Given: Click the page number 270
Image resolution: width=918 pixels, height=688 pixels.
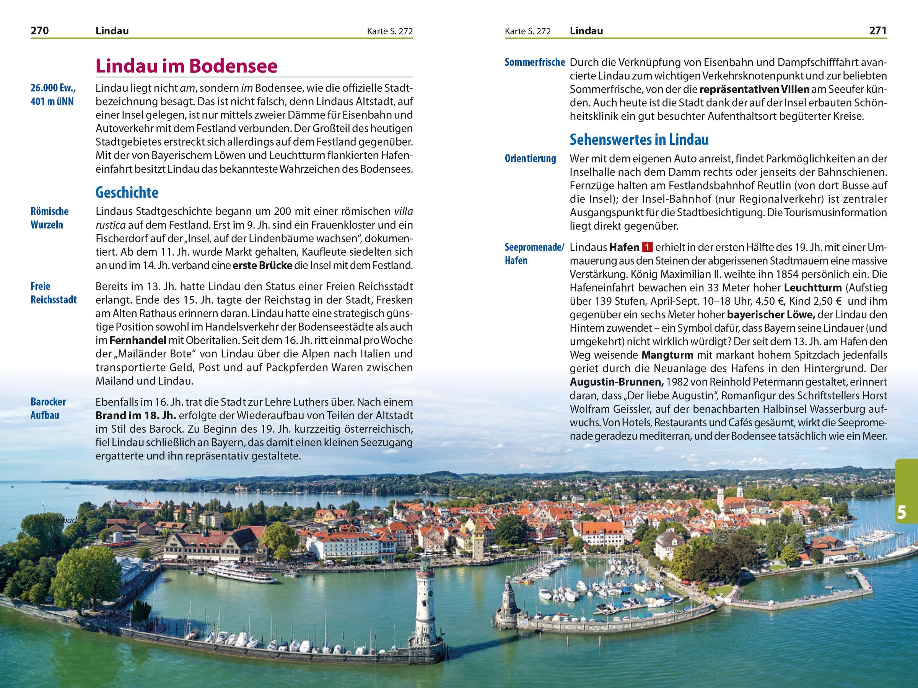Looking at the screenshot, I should (x=40, y=31).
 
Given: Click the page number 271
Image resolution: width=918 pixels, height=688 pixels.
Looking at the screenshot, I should (x=878, y=31).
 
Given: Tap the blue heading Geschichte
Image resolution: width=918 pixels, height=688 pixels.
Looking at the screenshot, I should (x=127, y=192).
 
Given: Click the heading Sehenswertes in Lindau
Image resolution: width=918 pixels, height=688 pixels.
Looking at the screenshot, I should (x=639, y=140).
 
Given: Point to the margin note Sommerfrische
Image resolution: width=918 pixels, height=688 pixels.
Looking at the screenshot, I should (x=534, y=62).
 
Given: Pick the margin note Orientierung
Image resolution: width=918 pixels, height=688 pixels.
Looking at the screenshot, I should (x=530, y=158).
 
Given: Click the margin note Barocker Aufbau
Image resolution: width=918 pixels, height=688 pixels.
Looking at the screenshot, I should (x=48, y=409).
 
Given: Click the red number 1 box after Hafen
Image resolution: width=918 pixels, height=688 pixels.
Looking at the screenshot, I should (x=647, y=247).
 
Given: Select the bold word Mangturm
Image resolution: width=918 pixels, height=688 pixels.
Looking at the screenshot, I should (x=667, y=355).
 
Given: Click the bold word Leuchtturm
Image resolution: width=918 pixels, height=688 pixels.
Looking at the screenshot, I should (x=812, y=287).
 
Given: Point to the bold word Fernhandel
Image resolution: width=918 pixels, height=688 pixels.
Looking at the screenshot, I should (x=138, y=341).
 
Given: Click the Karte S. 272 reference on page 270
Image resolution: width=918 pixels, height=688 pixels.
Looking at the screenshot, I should (x=390, y=31).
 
